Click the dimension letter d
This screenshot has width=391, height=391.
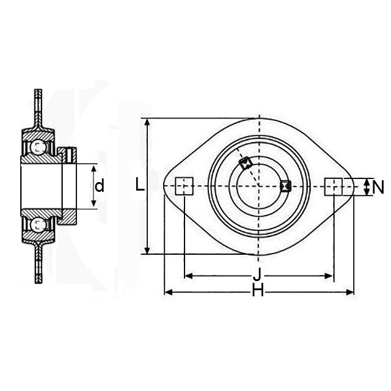click(100, 186)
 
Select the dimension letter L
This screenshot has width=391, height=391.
click(140, 185)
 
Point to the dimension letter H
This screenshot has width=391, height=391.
click(258, 290)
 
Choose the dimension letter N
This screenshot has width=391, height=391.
click(378, 188)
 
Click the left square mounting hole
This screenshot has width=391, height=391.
click(185, 186)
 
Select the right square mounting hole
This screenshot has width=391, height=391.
click(333, 186)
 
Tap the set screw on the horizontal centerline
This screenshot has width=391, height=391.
click(285, 186)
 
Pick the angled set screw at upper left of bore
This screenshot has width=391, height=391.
click(246, 163)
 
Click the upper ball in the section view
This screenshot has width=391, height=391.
click(38, 147)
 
